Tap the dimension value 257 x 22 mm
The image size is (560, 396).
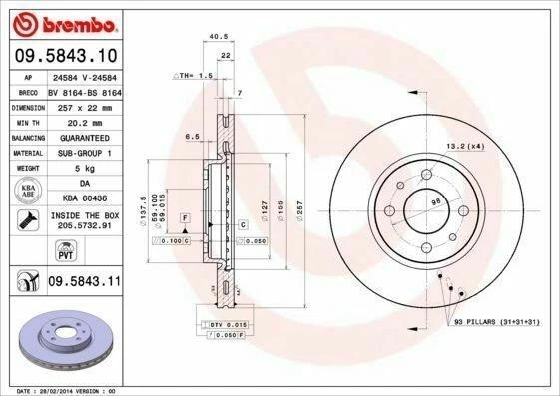point(83,106)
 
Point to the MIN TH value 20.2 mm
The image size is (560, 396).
point(83,121)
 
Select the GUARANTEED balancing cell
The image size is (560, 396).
point(83,137)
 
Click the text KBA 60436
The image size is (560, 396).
point(83,198)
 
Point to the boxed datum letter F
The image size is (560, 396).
point(184,216)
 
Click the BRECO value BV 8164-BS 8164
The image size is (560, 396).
point(83,90)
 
